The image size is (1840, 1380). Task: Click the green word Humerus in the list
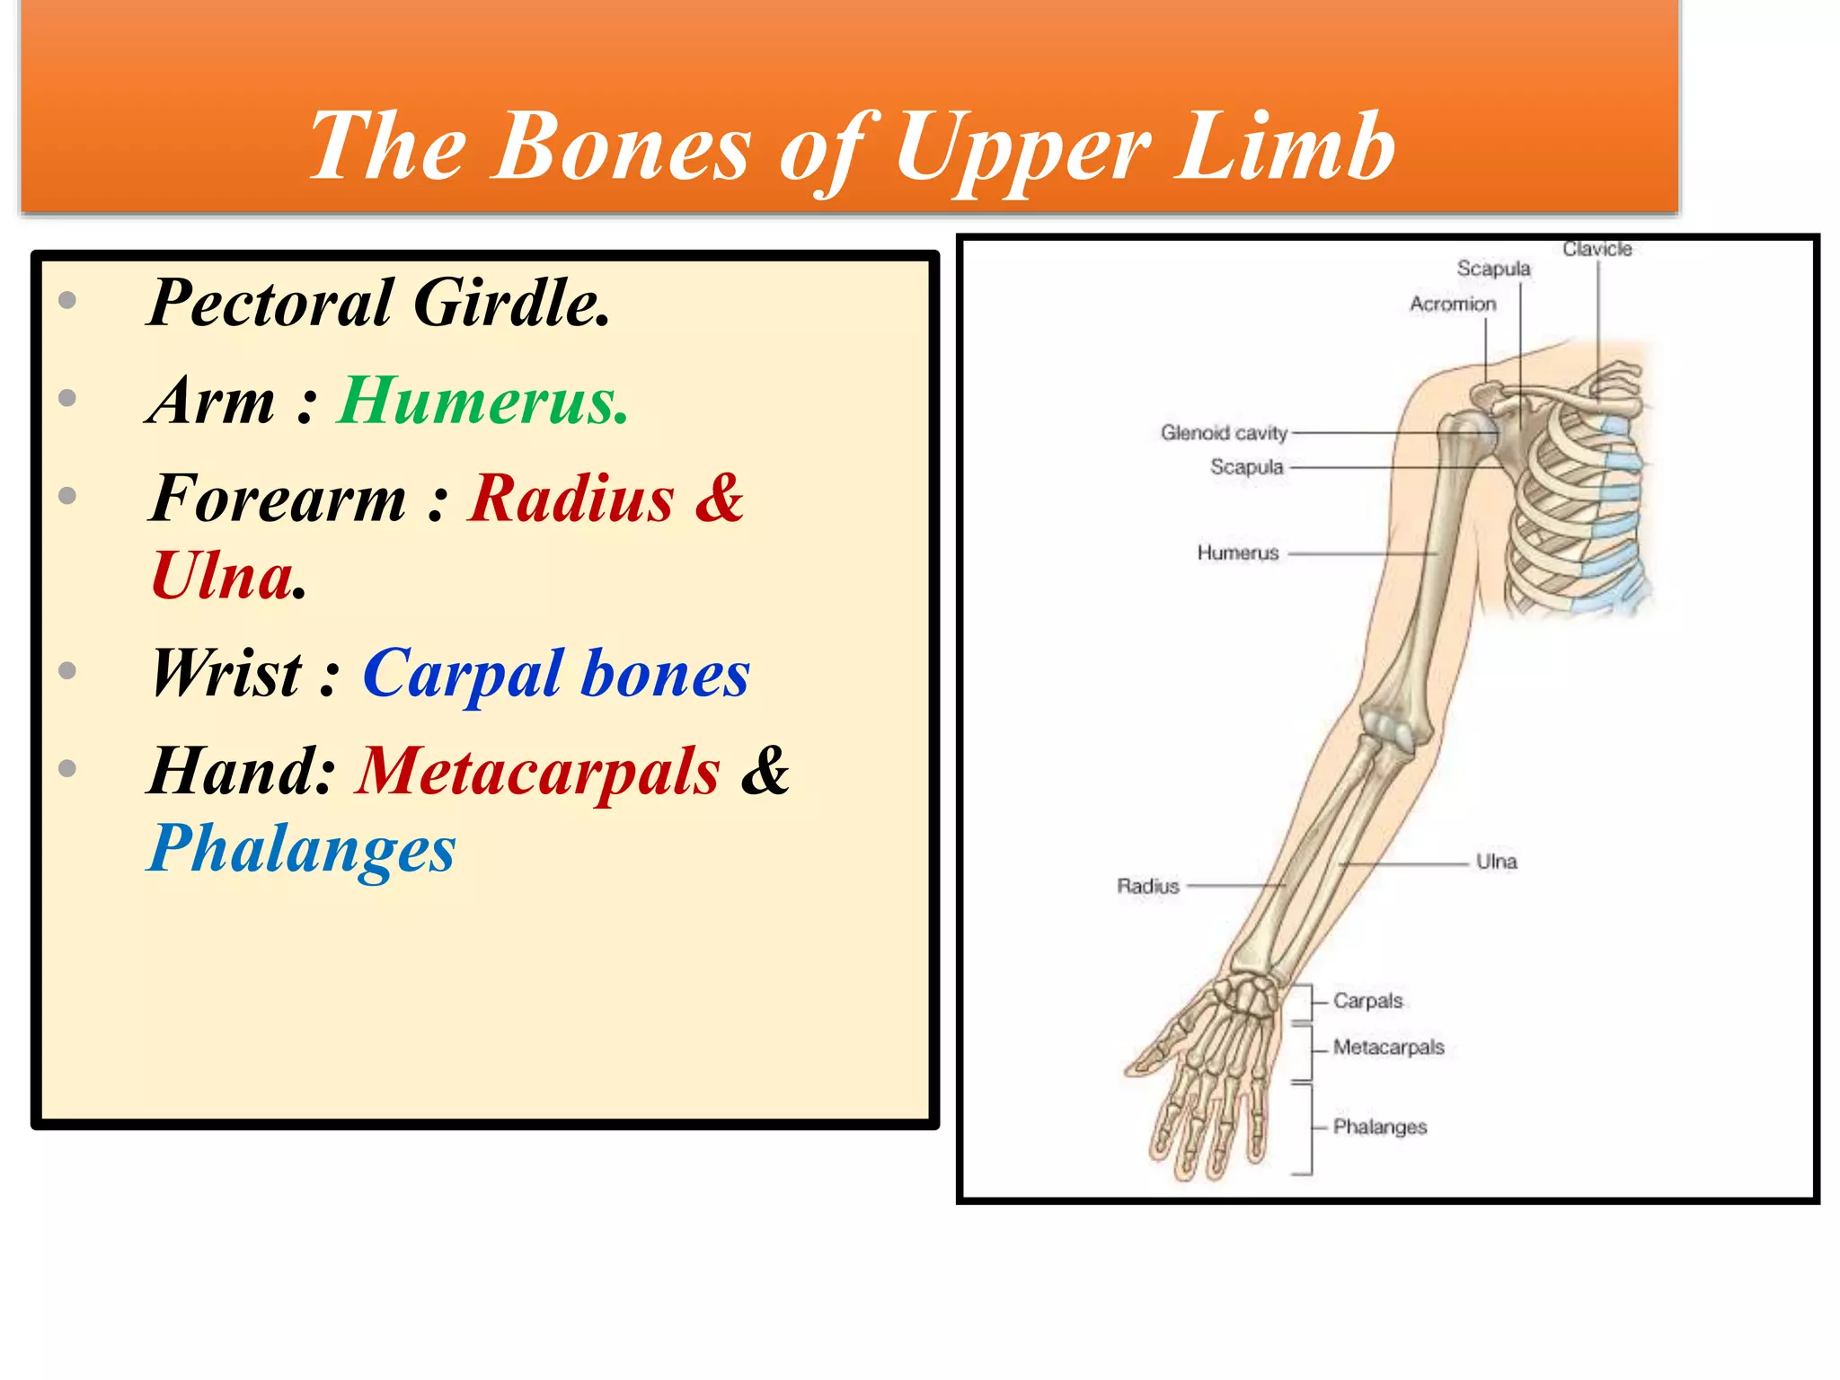482,401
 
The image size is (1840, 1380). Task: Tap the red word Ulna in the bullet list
223,576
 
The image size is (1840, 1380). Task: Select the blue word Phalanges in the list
302,849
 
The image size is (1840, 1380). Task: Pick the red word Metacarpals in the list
537,771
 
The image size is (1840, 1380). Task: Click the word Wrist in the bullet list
226,673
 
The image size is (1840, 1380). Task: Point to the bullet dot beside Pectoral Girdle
67,301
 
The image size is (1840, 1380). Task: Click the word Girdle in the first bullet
512,303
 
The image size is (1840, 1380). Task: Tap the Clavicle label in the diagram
1597,249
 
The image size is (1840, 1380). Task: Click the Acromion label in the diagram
1452,305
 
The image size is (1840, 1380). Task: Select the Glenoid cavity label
1224,433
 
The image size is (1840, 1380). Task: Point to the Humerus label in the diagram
1237,553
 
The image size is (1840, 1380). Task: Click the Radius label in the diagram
1147,886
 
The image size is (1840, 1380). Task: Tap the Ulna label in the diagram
1496,862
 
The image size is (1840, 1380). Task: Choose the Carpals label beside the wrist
1367,1000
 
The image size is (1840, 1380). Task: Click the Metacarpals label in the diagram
1388,1048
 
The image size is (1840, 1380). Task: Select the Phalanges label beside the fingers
1379,1127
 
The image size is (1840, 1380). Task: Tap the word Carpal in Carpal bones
462,673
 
